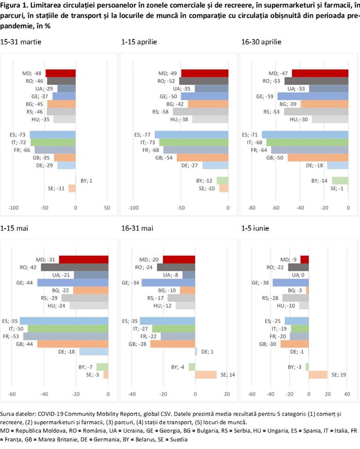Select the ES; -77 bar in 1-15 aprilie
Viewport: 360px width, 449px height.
191,134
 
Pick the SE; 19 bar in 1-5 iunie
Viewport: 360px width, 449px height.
318,374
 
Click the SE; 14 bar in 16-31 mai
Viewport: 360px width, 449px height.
206,374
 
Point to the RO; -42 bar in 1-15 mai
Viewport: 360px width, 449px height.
75,267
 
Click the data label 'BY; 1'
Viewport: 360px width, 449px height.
84,181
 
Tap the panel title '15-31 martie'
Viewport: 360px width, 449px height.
21,42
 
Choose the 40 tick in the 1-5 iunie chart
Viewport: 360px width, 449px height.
347,394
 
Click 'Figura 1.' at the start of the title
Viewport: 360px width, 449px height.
15,6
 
